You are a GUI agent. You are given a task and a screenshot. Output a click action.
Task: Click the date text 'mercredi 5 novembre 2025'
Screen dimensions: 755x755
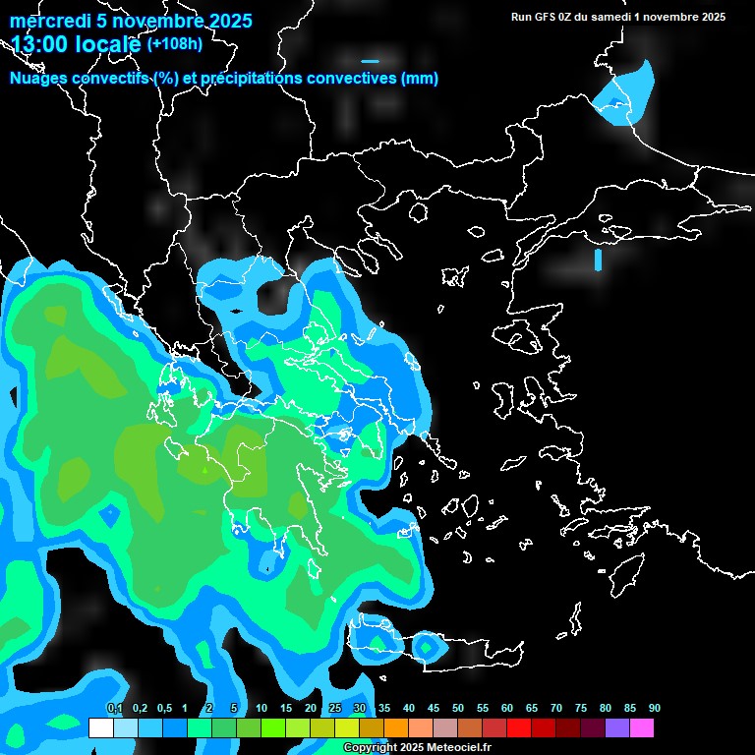pos(131,21)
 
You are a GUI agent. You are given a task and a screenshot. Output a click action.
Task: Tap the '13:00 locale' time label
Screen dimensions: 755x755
pos(77,44)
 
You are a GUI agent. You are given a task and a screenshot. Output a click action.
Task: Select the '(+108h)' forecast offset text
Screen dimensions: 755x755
pos(174,43)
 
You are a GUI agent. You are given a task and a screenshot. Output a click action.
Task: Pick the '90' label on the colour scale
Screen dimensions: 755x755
pos(654,709)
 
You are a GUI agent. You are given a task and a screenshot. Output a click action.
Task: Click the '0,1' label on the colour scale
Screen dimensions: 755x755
pos(114,709)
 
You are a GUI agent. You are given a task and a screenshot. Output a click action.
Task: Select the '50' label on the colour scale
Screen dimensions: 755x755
pos(458,709)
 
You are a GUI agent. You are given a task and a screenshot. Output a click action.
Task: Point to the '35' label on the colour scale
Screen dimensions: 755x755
pos(384,709)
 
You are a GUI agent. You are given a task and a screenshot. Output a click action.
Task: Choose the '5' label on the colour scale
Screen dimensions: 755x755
pos(233,709)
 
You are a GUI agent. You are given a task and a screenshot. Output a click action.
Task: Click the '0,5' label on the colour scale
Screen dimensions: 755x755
pos(163,709)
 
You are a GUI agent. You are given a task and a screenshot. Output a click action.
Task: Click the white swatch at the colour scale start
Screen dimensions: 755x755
pos(100,727)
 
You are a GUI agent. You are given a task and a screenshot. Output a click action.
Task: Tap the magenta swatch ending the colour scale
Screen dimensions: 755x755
pos(641,727)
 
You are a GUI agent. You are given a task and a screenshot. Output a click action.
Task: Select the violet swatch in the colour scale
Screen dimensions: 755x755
pos(616,727)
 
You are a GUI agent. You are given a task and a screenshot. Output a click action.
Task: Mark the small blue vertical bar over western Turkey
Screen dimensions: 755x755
pos(598,260)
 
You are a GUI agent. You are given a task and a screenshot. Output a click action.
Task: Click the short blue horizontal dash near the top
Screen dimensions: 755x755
pos(370,61)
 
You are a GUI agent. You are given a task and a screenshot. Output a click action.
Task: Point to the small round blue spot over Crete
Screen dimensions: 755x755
pos(427,647)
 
